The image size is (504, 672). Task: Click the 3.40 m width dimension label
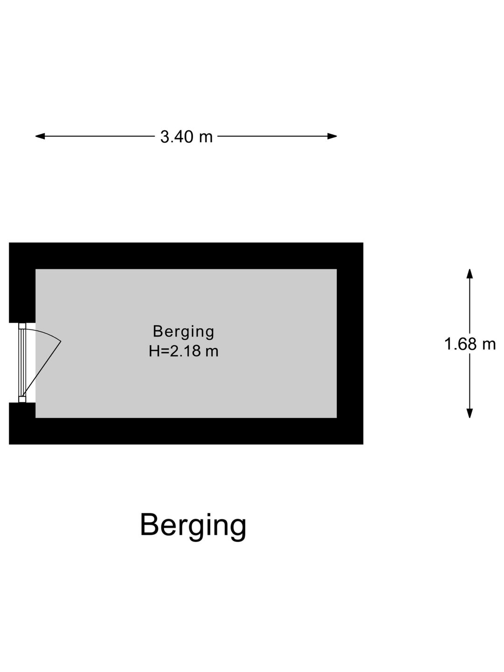coord(186,137)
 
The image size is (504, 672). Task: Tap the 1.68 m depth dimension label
coord(470,344)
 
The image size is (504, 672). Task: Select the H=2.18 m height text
coord(183,351)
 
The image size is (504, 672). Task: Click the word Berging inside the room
coord(183,332)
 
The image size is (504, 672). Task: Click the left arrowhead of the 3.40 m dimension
coord(40,136)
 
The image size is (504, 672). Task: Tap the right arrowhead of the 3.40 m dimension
coord(332,136)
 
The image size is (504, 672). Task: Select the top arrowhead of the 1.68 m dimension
coord(470,273)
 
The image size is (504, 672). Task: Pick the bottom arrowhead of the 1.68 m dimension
coord(470,413)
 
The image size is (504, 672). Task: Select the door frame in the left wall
coord(22,363)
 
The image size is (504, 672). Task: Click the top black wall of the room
coord(186,256)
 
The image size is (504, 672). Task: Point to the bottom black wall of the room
coord(186,431)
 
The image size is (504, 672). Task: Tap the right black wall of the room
coord(350,343)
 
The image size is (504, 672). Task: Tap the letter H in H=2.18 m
coord(154,351)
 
